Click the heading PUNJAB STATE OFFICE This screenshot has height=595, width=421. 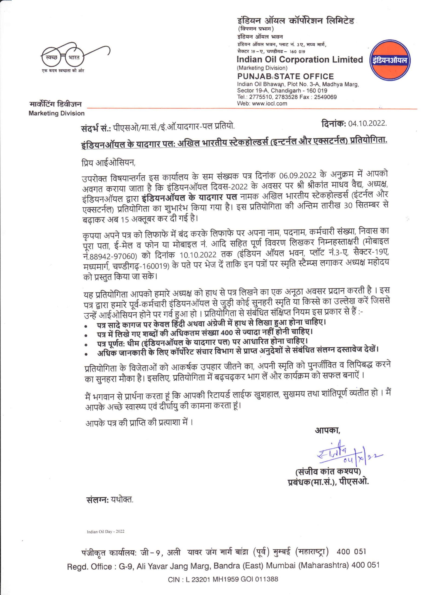coord(285,76)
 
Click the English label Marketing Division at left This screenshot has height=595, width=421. coord(57,113)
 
